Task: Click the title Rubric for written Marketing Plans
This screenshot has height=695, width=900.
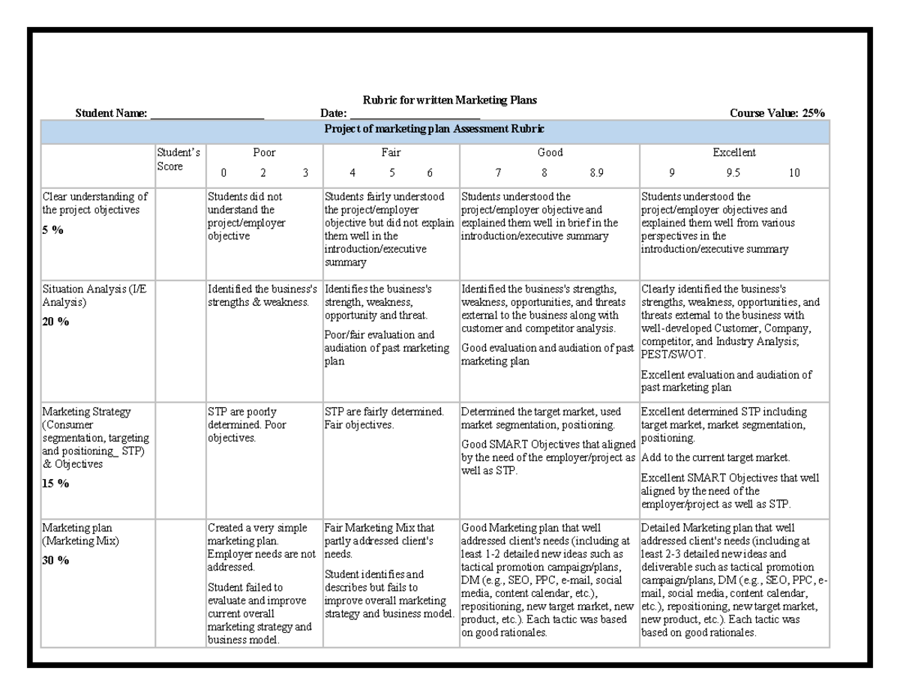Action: pyautogui.click(x=450, y=100)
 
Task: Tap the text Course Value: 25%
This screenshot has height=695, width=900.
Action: pyautogui.click(x=777, y=113)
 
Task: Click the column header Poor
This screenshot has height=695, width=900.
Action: pyautogui.click(x=264, y=152)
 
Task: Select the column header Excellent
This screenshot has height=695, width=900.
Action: pyautogui.click(x=733, y=152)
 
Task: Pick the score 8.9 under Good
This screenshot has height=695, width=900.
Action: pyautogui.click(x=596, y=172)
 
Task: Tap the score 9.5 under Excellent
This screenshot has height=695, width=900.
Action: pyautogui.click(x=733, y=172)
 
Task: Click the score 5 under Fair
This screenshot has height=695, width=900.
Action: pyautogui.click(x=391, y=172)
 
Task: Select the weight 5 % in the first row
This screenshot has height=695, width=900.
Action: pyautogui.click(x=52, y=230)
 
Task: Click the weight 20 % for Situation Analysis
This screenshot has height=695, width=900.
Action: pyautogui.click(x=55, y=322)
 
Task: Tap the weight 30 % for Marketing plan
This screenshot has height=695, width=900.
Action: pyautogui.click(x=55, y=560)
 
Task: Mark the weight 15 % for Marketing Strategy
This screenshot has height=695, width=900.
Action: pyautogui.click(x=55, y=484)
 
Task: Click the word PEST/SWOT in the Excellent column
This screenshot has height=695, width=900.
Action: pyautogui.click(x=669, y=355)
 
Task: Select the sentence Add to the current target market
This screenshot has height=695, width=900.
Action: pyautogui.click(x=715, y=457)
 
